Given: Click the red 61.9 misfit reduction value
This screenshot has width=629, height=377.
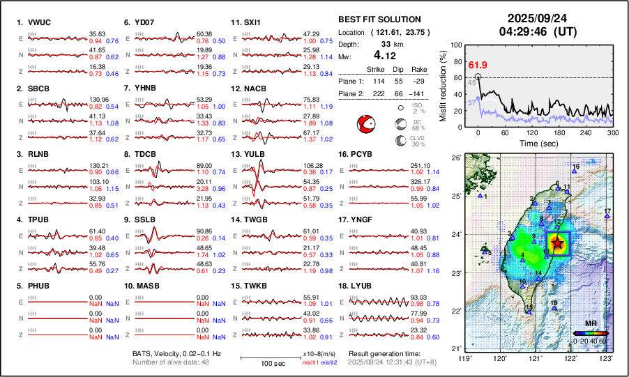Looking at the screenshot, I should [478, 66].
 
